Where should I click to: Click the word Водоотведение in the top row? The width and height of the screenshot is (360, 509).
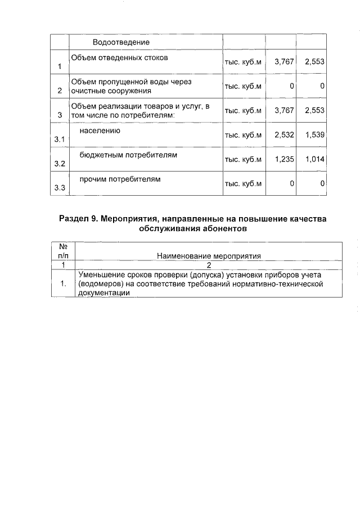click(x=121, y=43)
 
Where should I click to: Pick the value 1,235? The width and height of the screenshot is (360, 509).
click(x=284, y=160)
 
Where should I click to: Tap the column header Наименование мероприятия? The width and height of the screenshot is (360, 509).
click(x=209, y=256)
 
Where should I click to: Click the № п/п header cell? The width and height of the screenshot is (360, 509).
click(x=63, y=251)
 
